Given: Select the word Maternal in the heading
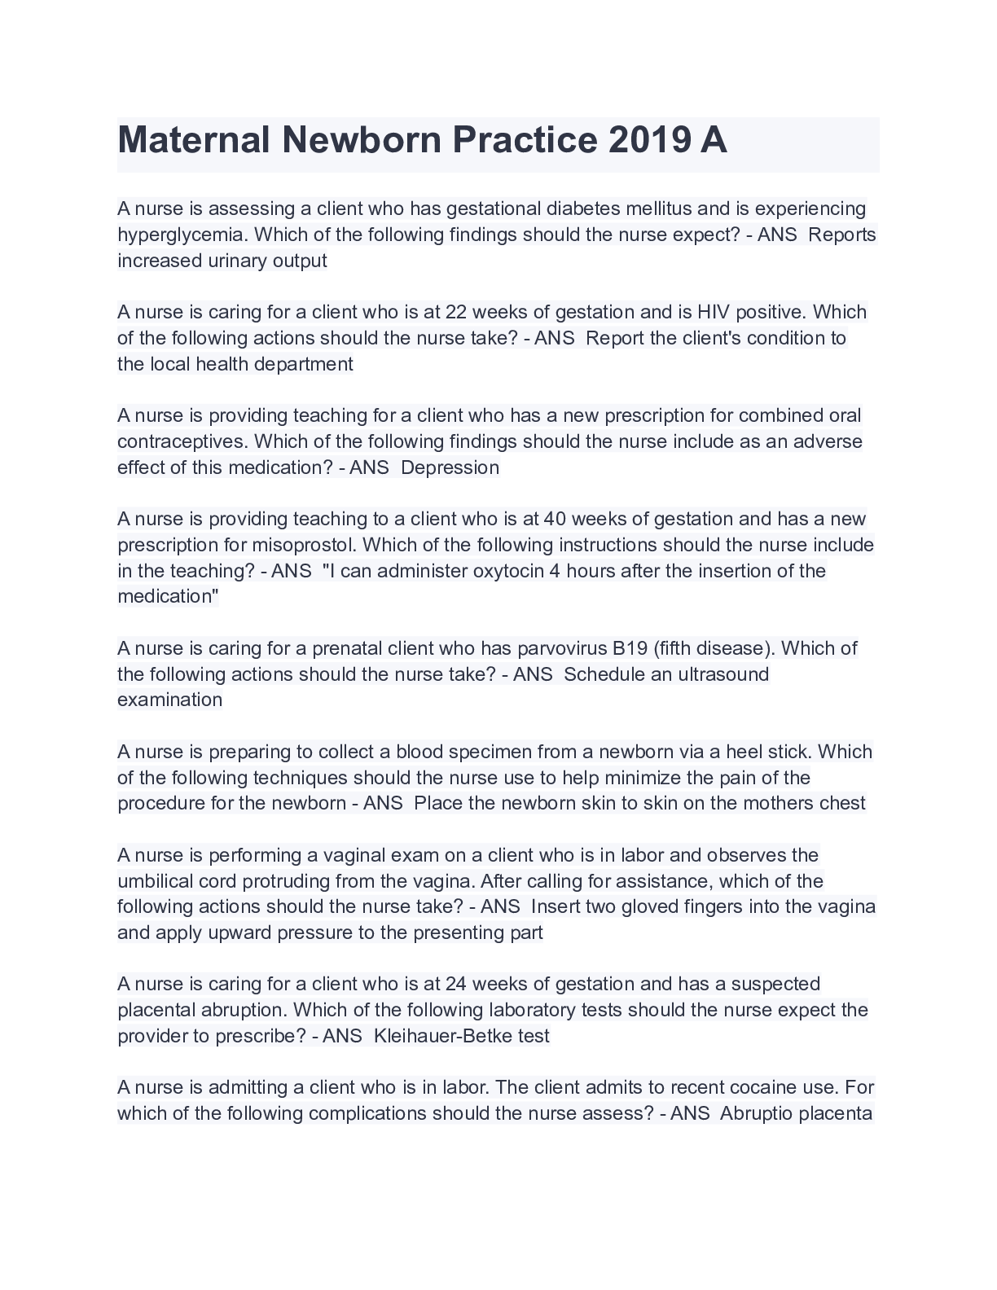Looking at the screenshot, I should [194, 140].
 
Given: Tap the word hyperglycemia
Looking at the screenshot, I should [183, 235].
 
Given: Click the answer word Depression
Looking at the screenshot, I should [450, 467].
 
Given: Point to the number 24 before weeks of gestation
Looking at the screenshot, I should [456, 984].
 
